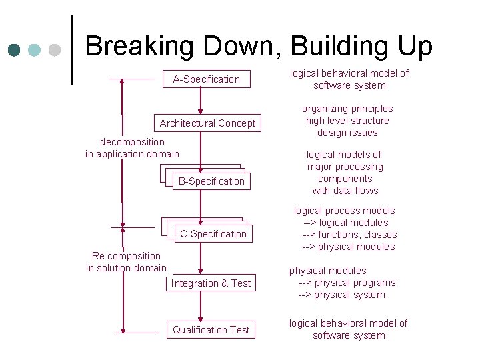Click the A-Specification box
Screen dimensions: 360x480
[206, 79]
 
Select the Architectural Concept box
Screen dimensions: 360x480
[207, 123]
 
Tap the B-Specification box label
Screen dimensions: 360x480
[211, 181]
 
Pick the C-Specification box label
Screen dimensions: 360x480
[213, 234]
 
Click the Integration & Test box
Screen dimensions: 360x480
[211, 283]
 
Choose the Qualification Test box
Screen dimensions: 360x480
[211, 330]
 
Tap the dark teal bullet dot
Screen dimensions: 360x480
[15, 50]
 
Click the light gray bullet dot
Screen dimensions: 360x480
[55, 50]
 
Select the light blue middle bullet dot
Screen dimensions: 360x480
[35, 50]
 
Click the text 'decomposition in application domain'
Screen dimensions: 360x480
[132, 148]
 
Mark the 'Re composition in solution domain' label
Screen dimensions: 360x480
[126, 262]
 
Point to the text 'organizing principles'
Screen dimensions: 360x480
[347, 109]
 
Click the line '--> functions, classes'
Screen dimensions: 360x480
[349, 235]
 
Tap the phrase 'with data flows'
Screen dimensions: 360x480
[345, 191]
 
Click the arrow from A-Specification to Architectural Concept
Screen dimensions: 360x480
[199, 102]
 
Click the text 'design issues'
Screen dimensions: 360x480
[347, 133]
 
